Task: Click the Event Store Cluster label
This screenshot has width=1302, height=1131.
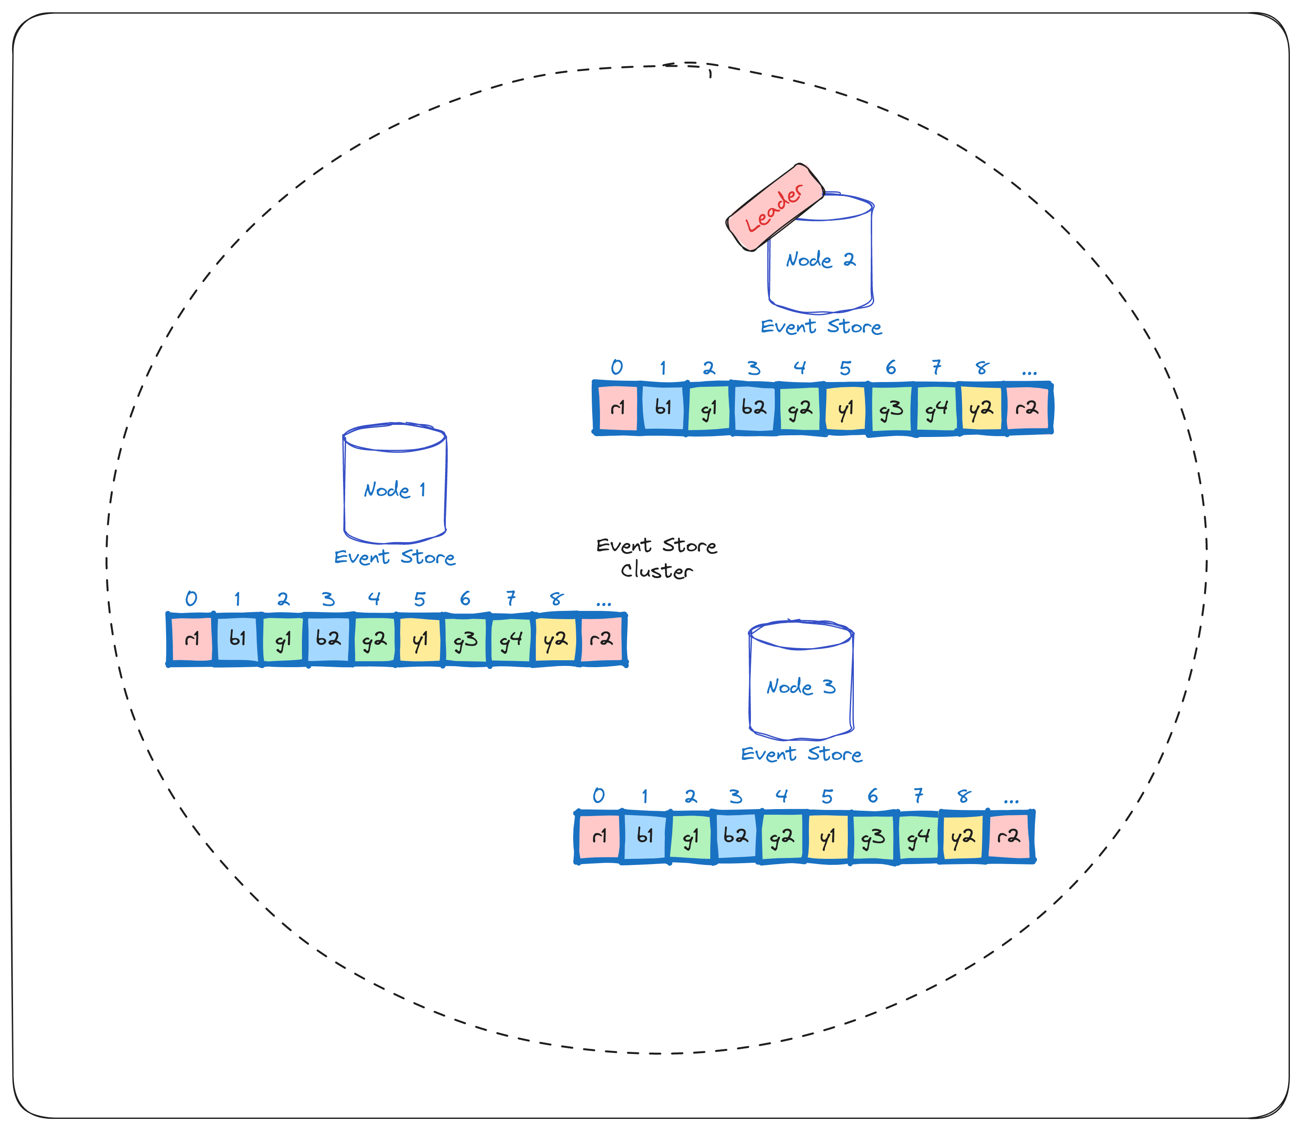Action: [657, 558]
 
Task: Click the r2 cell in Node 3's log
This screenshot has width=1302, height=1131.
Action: [1009, 836]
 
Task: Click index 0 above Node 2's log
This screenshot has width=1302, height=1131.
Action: [617, 367]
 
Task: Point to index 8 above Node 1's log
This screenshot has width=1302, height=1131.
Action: [556, 598]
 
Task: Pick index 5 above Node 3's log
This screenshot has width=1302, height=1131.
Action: [827, 796]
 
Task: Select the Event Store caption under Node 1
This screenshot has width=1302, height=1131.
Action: [395, 557]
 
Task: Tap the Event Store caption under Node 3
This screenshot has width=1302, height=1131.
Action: [801, 754]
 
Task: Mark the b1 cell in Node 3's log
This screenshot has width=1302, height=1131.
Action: [645, 836]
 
